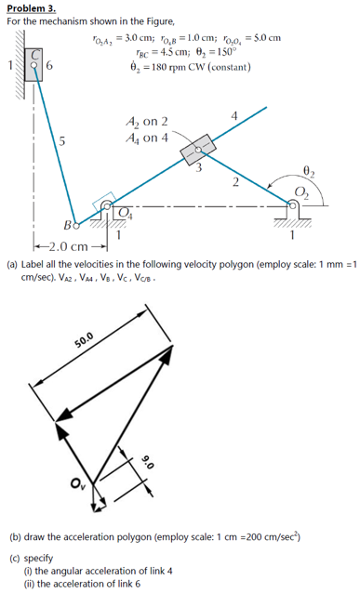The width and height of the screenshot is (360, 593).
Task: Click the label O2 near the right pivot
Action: click(x=300, y=192)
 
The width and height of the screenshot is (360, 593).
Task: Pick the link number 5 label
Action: click(x=60, y=142)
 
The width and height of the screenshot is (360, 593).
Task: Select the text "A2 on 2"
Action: click(x=146, y=122)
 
